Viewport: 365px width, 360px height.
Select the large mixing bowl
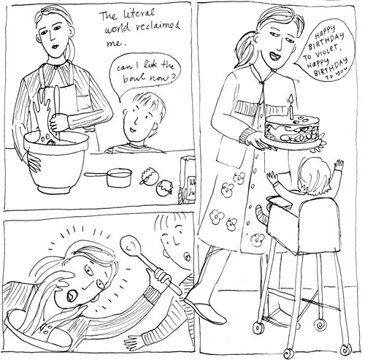click(56, 162)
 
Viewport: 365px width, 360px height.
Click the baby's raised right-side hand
click(339, 165)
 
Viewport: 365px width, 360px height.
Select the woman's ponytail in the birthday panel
click(243, 50)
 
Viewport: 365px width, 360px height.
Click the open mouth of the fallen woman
click(72, 295)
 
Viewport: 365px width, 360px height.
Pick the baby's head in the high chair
click(315, 177)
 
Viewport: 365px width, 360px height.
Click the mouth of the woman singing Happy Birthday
click(275, 58)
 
